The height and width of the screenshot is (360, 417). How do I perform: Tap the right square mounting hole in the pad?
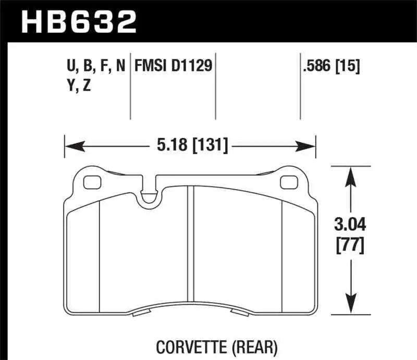pyautogui.click(x=287, y=182)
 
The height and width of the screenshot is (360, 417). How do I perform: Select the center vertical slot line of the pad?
pyautogui.click(x=191, y=245)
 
